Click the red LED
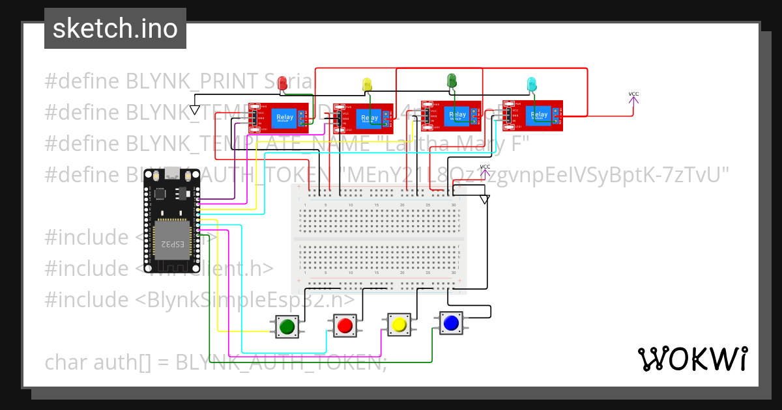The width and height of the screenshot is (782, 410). (x=282, y=83)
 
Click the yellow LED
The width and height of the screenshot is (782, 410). (x=367, y=84)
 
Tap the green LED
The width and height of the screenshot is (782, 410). (x=452, y=81)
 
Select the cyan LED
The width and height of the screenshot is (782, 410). (x=532, y=84)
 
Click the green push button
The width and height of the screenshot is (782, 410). (x=287, y=325)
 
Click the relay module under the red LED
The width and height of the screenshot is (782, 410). (x=278, y=118)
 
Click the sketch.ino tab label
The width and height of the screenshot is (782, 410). (x=115, y=29)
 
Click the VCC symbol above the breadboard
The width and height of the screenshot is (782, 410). (x=485, y=170)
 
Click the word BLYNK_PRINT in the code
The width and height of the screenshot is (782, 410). (x=187, y=81)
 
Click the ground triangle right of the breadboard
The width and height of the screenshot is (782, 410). (x=484, y=200)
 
